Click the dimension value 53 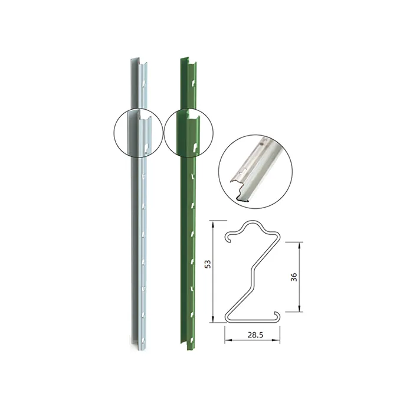click(x=208, y=264)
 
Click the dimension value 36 click(x=294, y=277)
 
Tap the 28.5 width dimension click(x=255, y=335)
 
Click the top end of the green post click(x=188, y=61)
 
